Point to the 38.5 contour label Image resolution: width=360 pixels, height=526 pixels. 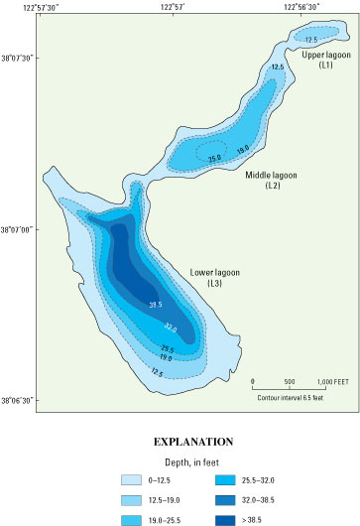pos(155,305)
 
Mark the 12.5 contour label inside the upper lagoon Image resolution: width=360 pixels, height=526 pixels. pos(310,39)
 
